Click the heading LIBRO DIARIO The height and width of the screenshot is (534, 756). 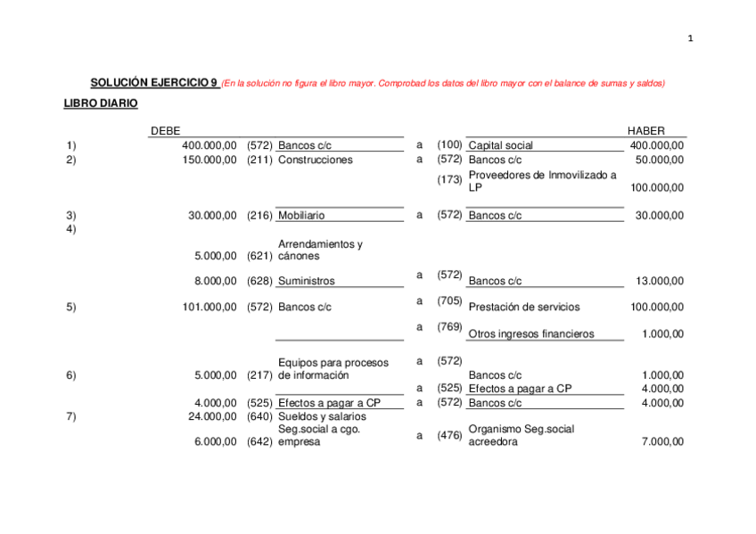tap(101, 103)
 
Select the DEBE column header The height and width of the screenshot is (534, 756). tap(165, 130)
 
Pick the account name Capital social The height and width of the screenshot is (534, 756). tap(501, 145)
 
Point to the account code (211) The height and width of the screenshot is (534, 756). tap(259, 160)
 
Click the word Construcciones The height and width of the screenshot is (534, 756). tap(316, 160)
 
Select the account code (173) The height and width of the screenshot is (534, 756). tap(449, 180)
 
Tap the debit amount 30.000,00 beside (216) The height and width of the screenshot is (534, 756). tap(212, 215)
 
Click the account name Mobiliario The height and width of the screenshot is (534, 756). tap(301, 215)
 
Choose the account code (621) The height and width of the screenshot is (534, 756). tap(259, 256)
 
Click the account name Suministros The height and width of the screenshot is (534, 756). tap(307, 281)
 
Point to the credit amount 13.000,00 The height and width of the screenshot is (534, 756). tap(660, 281)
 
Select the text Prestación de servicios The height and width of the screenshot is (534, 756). tap(524, 307)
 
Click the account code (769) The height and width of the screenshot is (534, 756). tap(449, 327)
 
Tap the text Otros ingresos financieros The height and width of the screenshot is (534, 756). tap(530, 334)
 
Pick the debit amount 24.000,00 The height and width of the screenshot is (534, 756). tap(212, 416)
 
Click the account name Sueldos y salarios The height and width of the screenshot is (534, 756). tap(322, 416)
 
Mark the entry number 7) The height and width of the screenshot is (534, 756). tap(71, 416)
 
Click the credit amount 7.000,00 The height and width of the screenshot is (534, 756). tap(662, 441)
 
